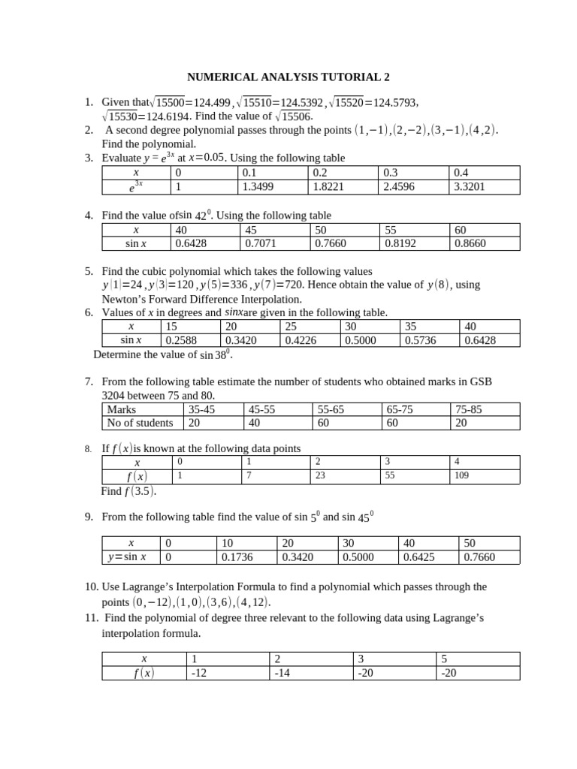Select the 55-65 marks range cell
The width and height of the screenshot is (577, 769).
tap(335, 409)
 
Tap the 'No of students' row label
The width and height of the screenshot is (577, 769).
tap(140, 423)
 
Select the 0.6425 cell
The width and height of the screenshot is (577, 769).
tap(419, 557)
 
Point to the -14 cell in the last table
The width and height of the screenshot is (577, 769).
tap(282, 673)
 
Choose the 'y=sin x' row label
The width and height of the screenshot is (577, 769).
tap(128, 557)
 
